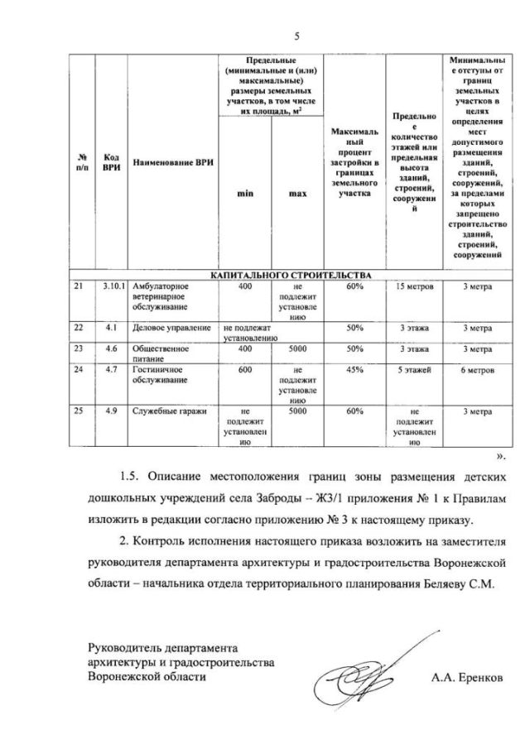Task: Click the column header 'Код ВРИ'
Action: tap(111, 162)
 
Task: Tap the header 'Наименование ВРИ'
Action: tap(173, 162)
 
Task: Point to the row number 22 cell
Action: tap(80, 328)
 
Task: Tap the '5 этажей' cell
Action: tap(412, 370)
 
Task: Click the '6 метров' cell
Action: tap(478, 370)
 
